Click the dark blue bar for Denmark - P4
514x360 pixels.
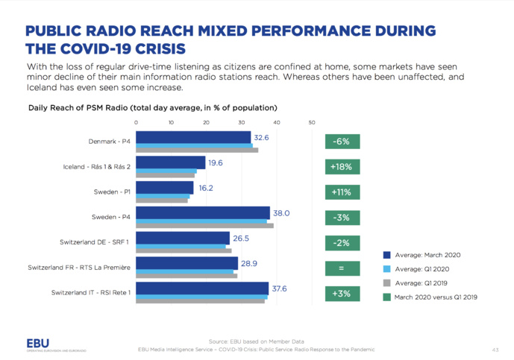(x=192, y=136)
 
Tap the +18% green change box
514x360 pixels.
(x=343, y=167)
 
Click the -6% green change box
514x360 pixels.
(x=343, y=142)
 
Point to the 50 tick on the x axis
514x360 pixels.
(x=311, y=122)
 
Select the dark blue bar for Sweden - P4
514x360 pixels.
(x=202, y=212)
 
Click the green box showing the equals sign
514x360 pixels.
(x=343, y=268)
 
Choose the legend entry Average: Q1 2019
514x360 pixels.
(x=422, y=282)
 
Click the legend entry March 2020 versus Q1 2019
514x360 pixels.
(x=436, y=297)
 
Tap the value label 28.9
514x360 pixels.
(x=250, y=264)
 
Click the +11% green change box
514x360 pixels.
(x=343, y=192)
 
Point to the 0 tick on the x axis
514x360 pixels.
(x=136, y=122)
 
